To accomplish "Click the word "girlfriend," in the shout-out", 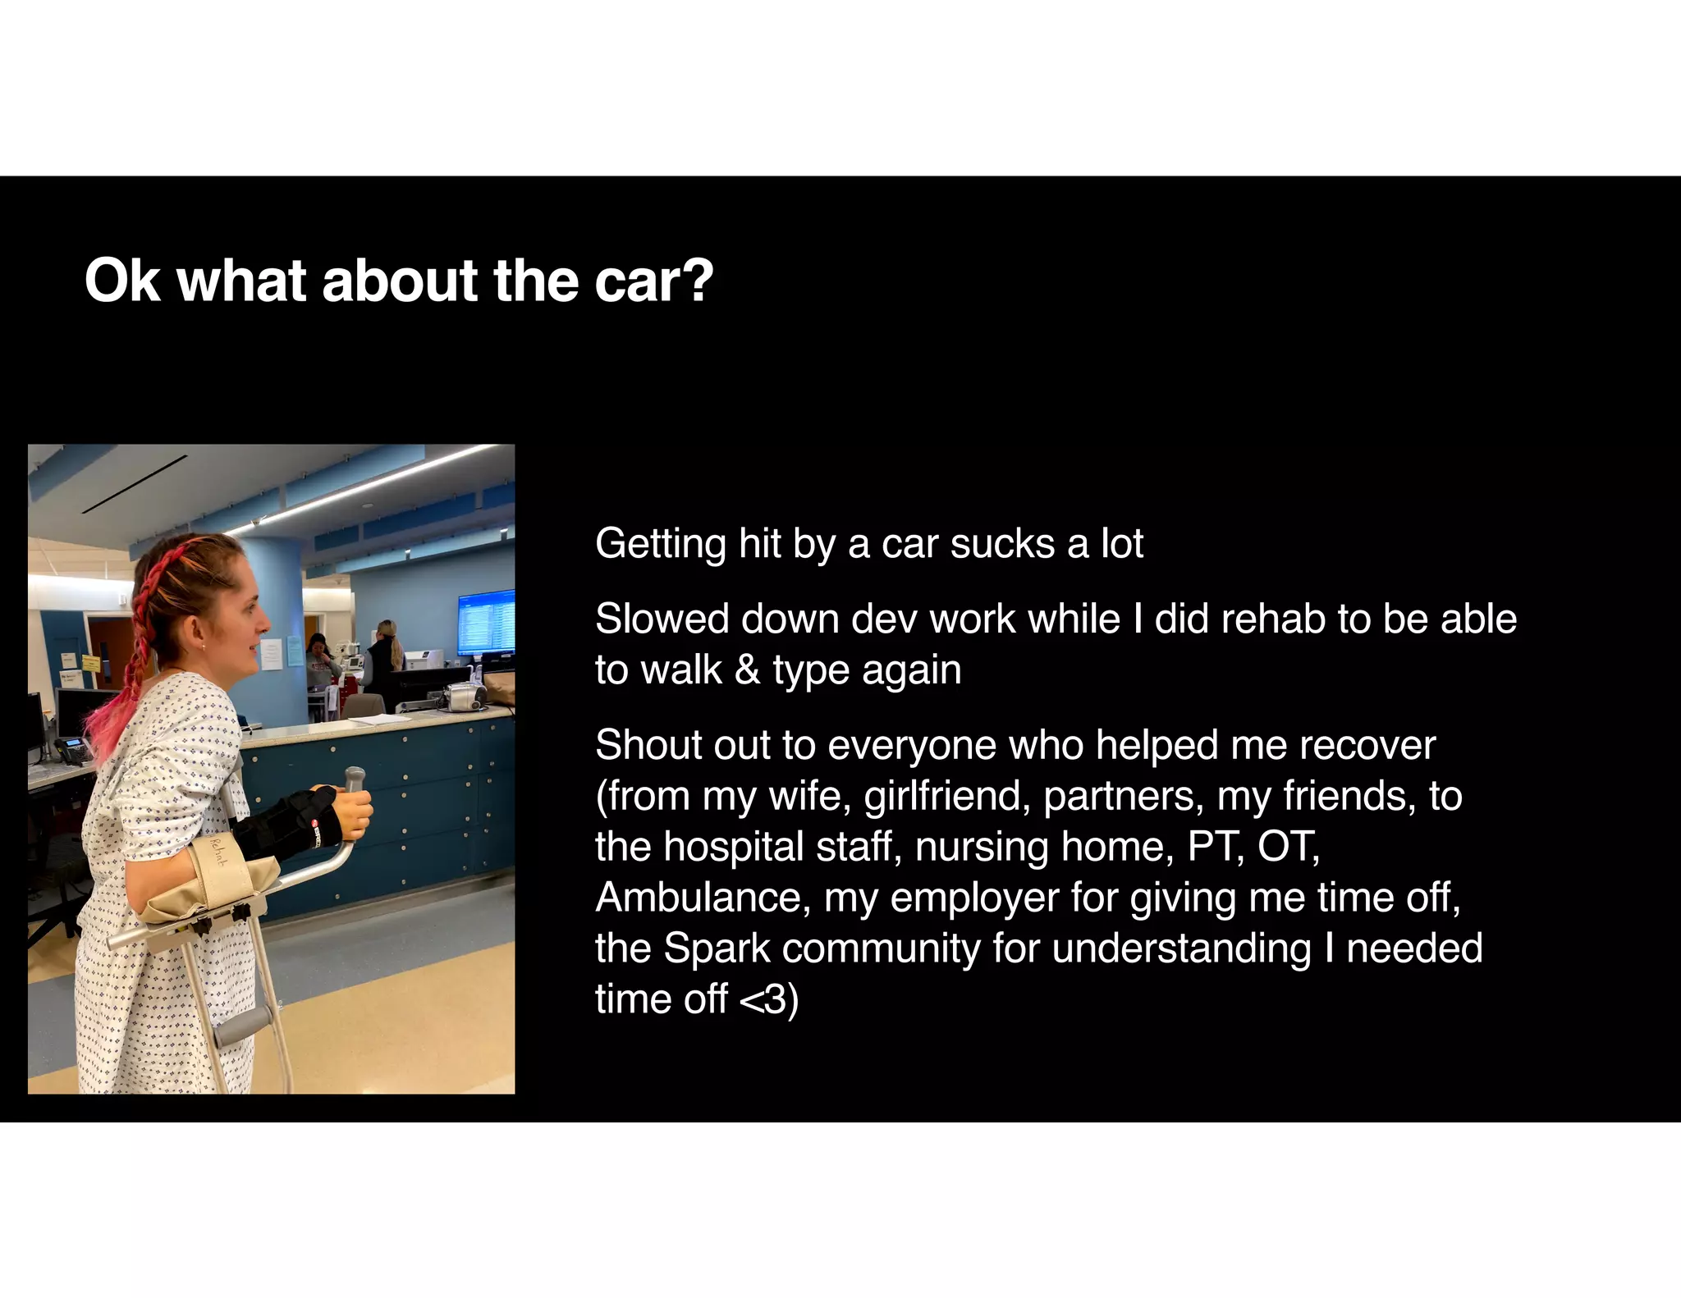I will [947, 796].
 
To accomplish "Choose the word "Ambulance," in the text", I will [703, 898].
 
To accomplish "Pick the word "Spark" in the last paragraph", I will [717, 948].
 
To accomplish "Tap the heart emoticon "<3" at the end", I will [763, 999].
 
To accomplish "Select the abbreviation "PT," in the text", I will [1216, 847].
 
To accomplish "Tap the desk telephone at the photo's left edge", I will [72, 749].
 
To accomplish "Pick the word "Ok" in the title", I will [121, 281].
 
